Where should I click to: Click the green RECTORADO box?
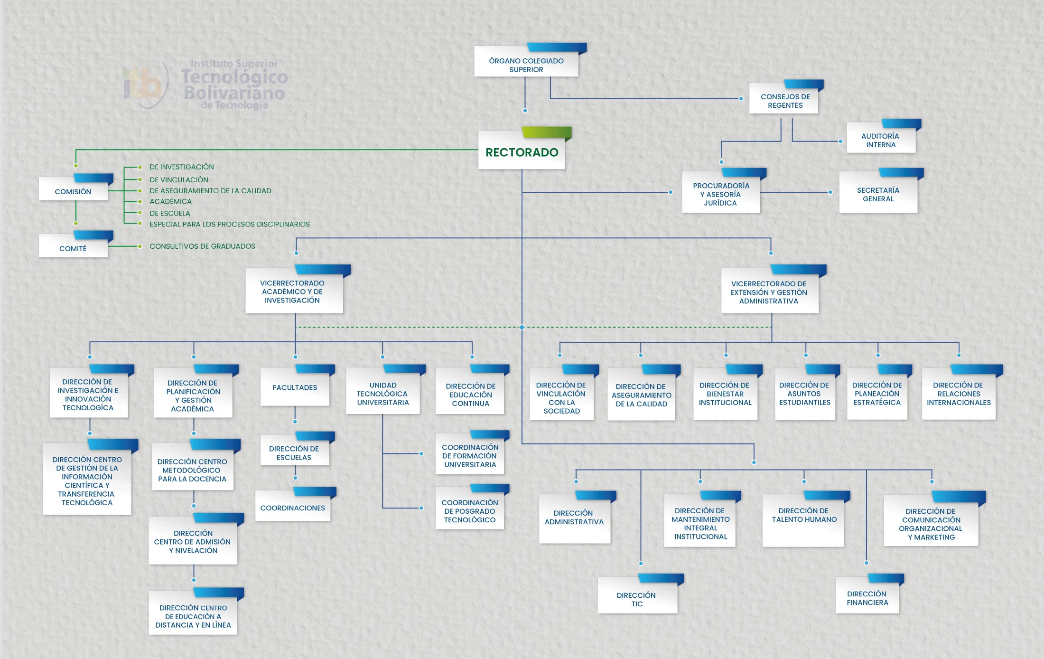coord(522,152)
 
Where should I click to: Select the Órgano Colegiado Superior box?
coord(526,65)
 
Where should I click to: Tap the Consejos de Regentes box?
coord(785,101)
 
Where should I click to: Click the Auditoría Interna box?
coord(880,140)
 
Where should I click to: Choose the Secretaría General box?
coord(878,194)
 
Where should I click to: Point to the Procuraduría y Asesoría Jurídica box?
coord(720,194)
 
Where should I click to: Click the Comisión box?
coord(73,191)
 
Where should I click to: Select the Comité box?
coord(73,248)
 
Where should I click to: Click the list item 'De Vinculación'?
coord(179,179)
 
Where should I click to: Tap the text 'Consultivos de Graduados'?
coord(202,246)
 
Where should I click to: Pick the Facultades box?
coord(295,387)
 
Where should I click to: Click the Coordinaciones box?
coord(292,508)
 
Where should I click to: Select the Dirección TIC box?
coord(636,599)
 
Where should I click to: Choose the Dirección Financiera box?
coord(867,598)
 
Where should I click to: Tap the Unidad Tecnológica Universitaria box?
coord(382,394)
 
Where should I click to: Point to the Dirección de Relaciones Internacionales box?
coord(958,394)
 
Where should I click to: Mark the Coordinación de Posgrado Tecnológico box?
coord(469,510)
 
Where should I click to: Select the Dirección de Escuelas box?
coord(294,452)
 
